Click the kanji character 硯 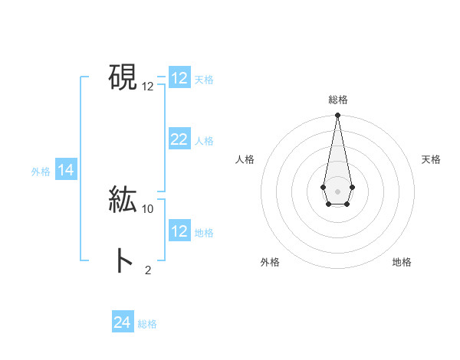coord(123,77)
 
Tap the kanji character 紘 coord(123,199)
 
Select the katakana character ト coord(123,261)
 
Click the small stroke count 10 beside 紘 coord(148,208)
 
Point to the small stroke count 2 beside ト coord(148,270)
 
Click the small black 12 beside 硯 coord(148,87)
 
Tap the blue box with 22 coord(179,139)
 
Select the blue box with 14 coord(66,171)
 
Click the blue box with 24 coord(122,322)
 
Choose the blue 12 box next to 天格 coord(179,78)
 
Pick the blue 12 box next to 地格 coord(179,231)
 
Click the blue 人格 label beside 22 coord(204,141)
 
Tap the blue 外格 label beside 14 coord(41,172)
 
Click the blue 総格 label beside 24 coord(147,324)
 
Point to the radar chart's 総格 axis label coord(337,100)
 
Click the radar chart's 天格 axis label coord(431,159)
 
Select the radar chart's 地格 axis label coord(402,262)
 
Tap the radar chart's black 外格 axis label coord(270,262)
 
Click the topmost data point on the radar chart coord(337,116)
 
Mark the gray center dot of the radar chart coord(337,191)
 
